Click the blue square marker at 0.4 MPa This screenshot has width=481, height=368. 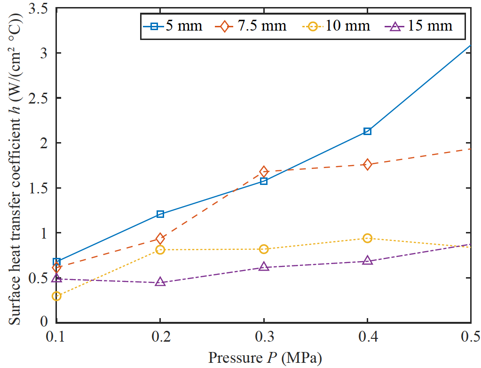[367, 131]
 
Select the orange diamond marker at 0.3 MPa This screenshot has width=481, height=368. [264, 171]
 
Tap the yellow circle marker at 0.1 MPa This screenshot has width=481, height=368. [56, 296]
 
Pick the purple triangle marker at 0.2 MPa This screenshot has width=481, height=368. [160, 282]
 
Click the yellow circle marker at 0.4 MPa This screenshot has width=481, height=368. [367, 238]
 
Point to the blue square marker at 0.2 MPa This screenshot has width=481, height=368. [160, 214]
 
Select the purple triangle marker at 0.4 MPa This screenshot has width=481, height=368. [367, 261]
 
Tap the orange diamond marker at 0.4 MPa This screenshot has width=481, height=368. [367, 164]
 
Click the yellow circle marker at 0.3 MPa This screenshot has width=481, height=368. [264, 249]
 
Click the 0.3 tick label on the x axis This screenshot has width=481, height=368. [264, 337]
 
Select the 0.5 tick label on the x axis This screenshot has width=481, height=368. [470, 337]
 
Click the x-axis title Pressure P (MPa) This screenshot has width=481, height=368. [265, 358]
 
